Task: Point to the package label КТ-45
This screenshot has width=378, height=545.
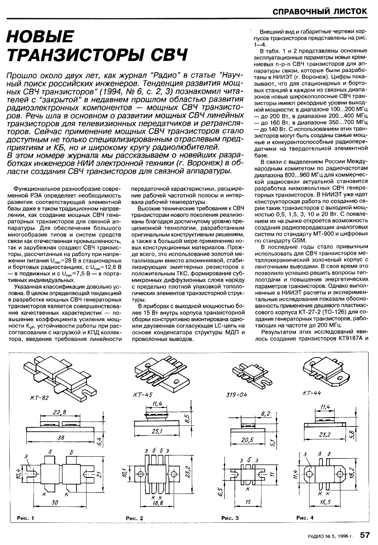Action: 142,394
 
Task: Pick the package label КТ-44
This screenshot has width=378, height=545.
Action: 312,393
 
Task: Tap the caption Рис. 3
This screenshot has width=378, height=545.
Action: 230,518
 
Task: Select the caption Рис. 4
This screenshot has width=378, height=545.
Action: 305,518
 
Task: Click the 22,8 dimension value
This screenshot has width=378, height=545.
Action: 59,412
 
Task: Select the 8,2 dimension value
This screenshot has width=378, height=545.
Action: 266,413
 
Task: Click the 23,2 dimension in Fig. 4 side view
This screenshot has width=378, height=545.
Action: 326,434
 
